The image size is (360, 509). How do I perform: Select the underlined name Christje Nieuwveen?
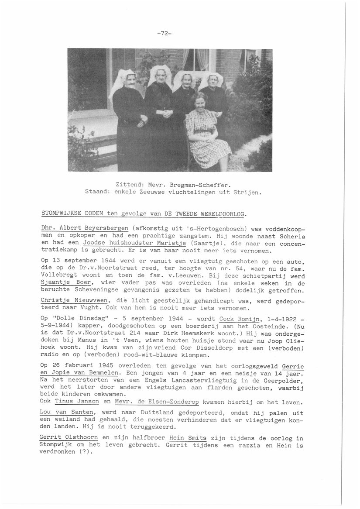(x=74, y=300)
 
